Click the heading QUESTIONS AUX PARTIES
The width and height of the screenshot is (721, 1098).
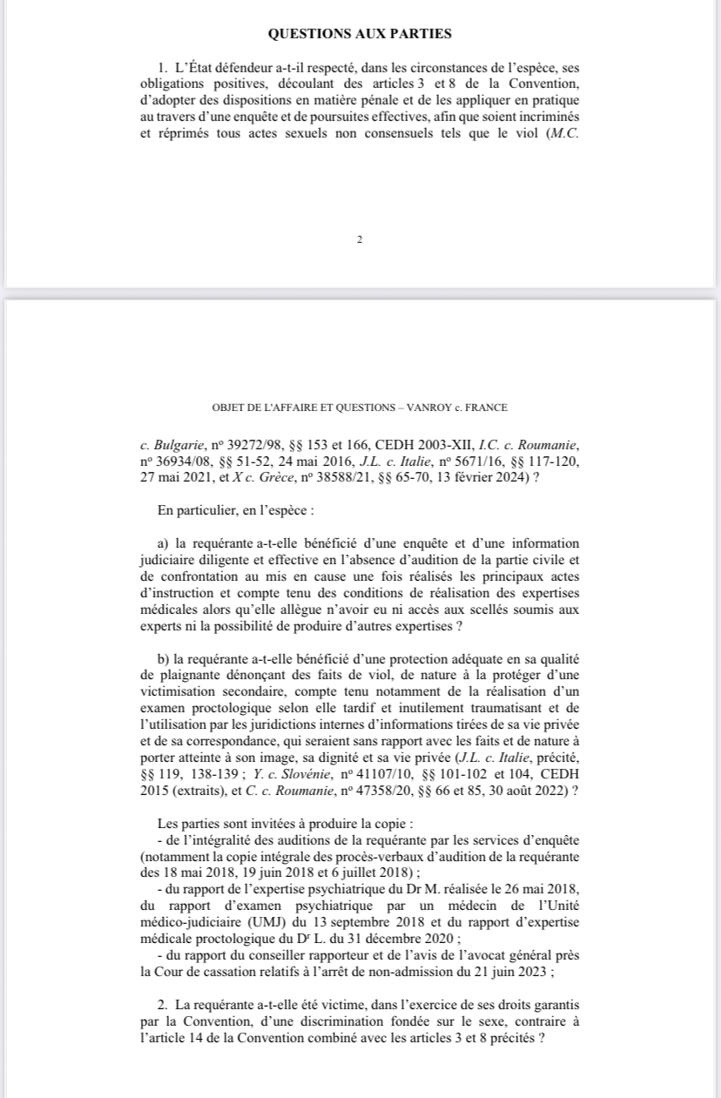[x=360, y=34]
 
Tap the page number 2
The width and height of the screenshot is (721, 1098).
[x=359, y=239]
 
